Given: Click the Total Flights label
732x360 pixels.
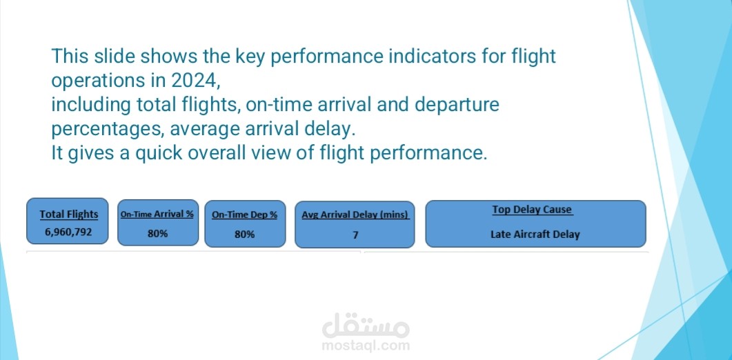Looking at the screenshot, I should (x=69, y=214).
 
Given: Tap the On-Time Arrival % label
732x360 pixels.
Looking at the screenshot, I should (x=157, y=214).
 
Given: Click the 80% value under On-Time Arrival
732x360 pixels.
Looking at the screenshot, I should (x=157, y=234).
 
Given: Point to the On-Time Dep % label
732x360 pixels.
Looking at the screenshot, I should (x=244, y=214).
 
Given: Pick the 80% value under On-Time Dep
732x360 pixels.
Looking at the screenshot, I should (x=244, y=234).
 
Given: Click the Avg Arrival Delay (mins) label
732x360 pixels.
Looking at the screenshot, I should (x=355, y=214).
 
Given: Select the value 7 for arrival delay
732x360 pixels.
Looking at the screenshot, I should (x=355, y=234).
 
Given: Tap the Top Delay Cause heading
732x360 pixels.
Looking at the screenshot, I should (x=533, y=210).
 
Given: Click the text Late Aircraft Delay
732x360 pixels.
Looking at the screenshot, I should (x=535, y=234).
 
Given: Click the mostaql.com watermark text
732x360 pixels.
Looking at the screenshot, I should (x=366, y=346).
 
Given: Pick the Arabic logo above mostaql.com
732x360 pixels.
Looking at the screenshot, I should (x=366, y=323).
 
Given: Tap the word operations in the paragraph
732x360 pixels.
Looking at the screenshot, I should (x=96, y=80).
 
